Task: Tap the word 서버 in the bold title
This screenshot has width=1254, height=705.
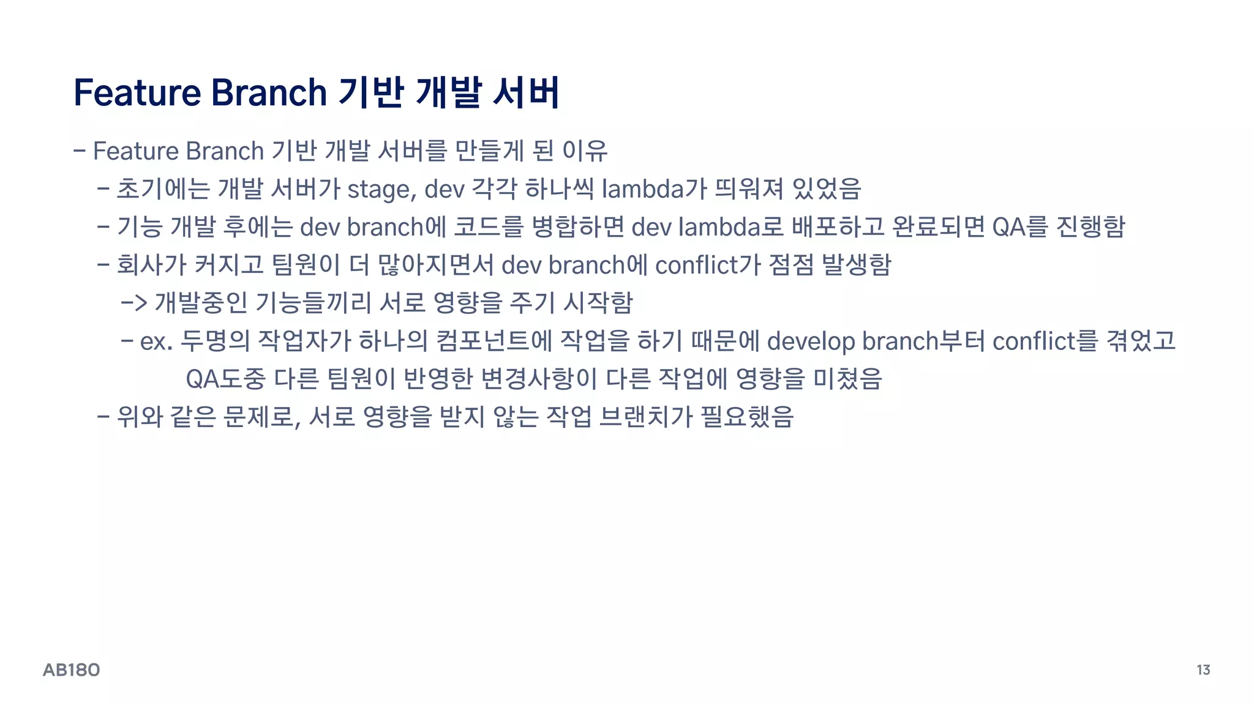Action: coord(525,93)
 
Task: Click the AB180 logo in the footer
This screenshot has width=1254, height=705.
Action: coord(71,670)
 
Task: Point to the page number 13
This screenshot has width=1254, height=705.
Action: coord(1203,670)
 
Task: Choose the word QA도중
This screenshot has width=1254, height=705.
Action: coord(225,379)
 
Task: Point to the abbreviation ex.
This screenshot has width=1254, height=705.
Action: coord(156,341)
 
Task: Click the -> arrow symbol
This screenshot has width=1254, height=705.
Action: coord(133,303)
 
